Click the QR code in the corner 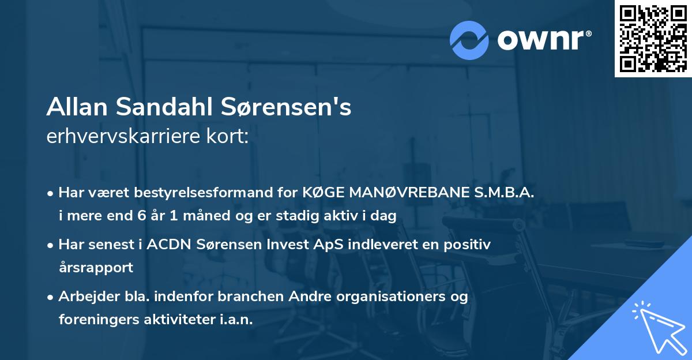(x=653, y=39)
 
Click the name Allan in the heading (x=76, y=107)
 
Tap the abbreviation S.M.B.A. (x=503, y=193)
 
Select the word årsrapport (x=96, y=268)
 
